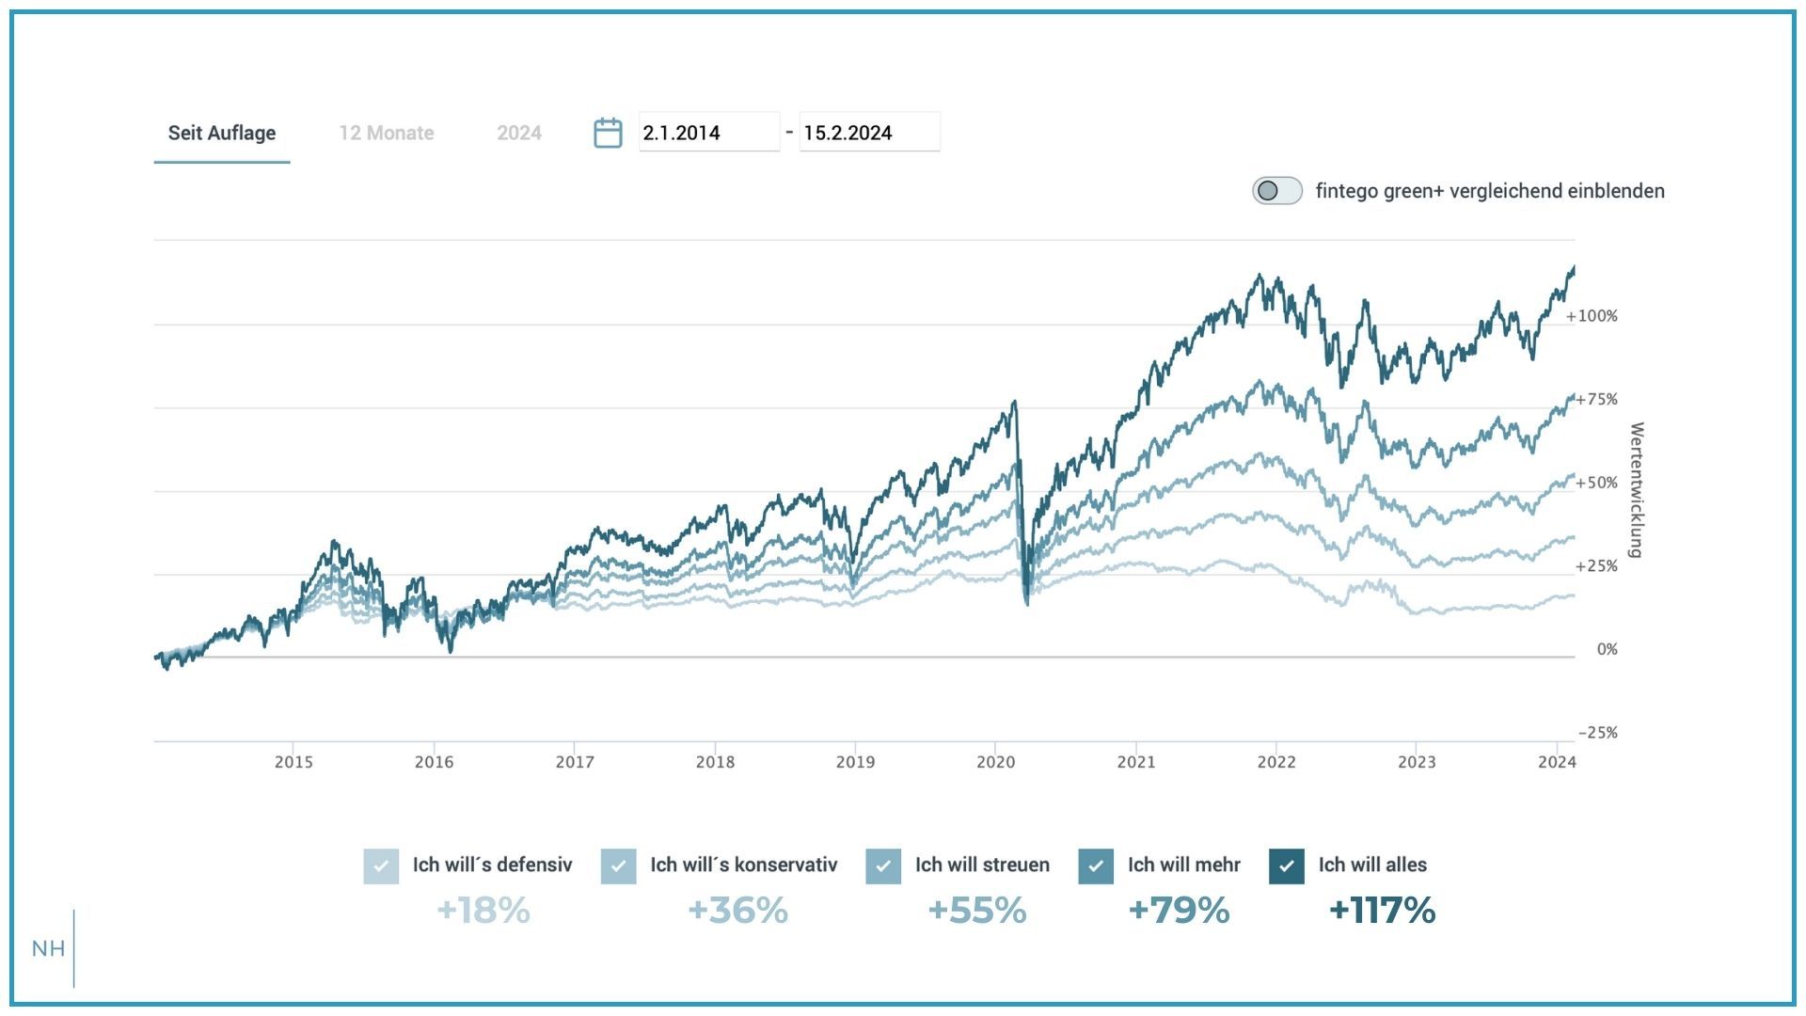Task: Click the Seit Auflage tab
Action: pyautogui.click(x=222, y=133)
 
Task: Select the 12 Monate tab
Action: pyautogui.click(x=387, y=133)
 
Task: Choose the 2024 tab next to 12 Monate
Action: pyautogui.click(x=519, y=133)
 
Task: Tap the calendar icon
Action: pyautogui.click(x=608, y=133)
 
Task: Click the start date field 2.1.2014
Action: pyautogui.click(x=708, y=133)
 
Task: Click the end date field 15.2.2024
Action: pyautogui.click(x=868, y=133)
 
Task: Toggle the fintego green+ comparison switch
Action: pyautogui.click(x=1276, y=191)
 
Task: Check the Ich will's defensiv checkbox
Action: pyautogui.click(x=381, y=865)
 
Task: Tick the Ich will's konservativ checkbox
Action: pyautogui.click(x=618, y=865)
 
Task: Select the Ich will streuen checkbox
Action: pyautogui.click(x=883, y=865)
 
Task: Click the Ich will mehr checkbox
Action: pyautogui.click(x=1096, y=865)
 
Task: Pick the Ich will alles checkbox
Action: pyautogui.click(x=1286, y=865)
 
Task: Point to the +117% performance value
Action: pyautogui.click(x=1382, y=911)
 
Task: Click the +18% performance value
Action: pyautogui.click(x=483, y=911)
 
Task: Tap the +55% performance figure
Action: pyautogui.click(x=976, y=911)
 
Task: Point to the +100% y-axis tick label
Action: pyautogui.click(x=1592, y=316)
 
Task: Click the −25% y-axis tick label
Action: pyautogui.click(x=1597, y=733)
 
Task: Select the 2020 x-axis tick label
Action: pyautogui.click(x=995, y=762)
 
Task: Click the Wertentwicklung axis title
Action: pyautogui.click(x=1637, y=490)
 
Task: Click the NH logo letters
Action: pyautogui.click(x=49, y=948)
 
